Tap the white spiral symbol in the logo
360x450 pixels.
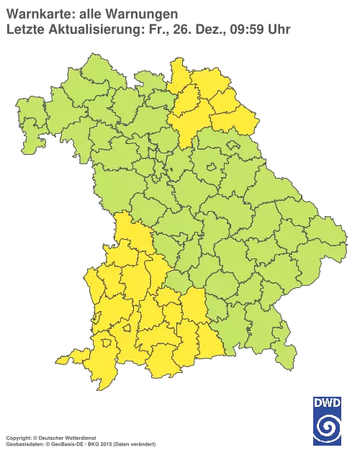pos(328,426)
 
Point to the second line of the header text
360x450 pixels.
pos(148,29)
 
